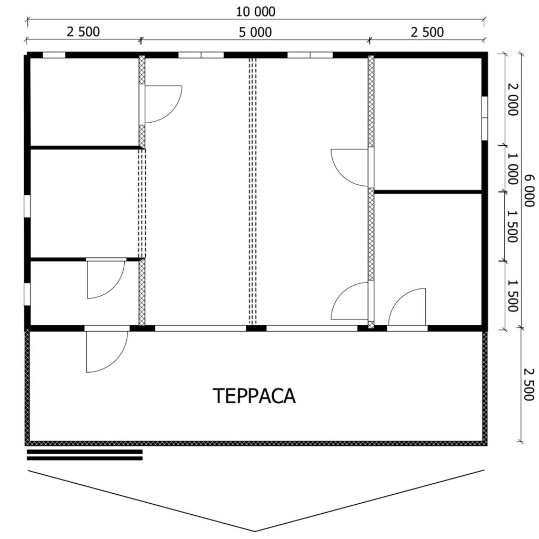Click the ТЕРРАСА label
click(x=254, y=396)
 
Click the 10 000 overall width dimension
click(x=255, y=12)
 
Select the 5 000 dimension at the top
click(x=255, y=32)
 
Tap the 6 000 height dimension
click(x=530, y=191)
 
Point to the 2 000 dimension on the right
click(x=512, y=99)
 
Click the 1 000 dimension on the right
click(x=512, y=169)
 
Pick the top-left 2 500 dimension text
click(x=83, y=32)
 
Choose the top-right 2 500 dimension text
click(x=427, y=32)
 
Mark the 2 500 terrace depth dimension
click(x=530, y=385)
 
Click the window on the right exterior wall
click(x=485, y=118)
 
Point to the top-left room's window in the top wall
click(x=54, y=55)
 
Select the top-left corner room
click(x=85, y=102)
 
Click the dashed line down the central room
click(x=253, y=191)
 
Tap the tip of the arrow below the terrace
click(x=255, y=532)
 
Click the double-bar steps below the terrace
click(x=85, y=455)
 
